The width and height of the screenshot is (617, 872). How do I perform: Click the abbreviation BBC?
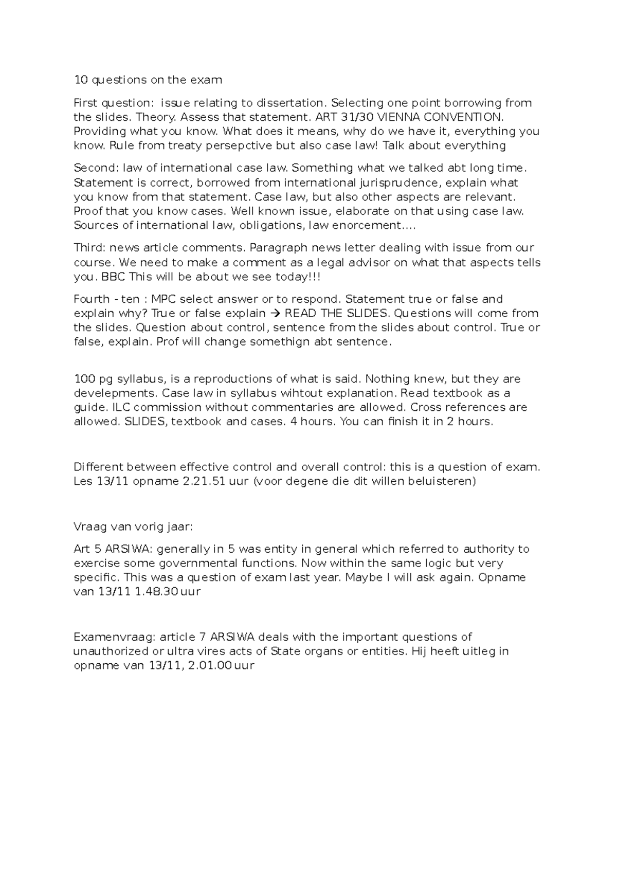pos(113,277)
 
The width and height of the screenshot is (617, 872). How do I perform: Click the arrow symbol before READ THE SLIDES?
pos(275,314)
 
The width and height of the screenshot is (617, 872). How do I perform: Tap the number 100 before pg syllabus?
pos(84,379)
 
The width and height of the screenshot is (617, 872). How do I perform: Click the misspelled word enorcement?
pos(369,225)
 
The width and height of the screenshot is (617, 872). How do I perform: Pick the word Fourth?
pos(92,299)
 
